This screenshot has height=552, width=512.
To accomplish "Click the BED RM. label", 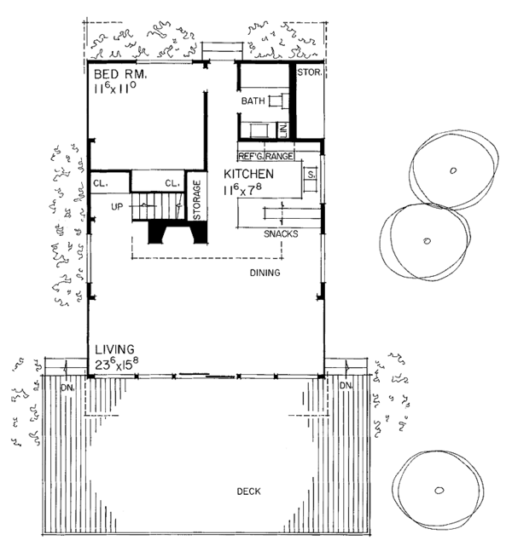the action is [120, 74].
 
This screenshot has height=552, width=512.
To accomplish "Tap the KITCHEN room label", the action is [248, 174].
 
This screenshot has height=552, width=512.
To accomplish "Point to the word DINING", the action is [265, 273].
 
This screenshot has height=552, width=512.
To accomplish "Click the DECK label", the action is [248, 492].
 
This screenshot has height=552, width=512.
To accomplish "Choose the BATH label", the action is [253, 101].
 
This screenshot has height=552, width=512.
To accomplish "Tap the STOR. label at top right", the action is [310, 72].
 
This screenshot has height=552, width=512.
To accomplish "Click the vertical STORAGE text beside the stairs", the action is [197, 199].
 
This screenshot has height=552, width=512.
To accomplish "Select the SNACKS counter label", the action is [281, 233].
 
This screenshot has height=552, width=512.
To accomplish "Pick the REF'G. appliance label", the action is [251, 156].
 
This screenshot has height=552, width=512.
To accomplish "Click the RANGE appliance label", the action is [279, 156].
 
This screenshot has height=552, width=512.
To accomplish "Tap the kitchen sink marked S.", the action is [311, 175].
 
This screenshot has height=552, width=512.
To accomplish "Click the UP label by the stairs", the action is [117, 207].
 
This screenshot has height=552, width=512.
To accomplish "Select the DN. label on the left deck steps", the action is [67, 388].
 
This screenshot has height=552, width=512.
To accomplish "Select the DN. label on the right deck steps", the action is [346, 386].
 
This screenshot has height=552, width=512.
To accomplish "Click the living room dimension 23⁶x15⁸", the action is [116, 365].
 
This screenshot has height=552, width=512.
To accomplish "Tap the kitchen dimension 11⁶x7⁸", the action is [242, 189].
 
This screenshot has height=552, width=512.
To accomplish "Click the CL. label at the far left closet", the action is [101, 184].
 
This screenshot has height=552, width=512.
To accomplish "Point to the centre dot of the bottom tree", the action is [439, 490].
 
